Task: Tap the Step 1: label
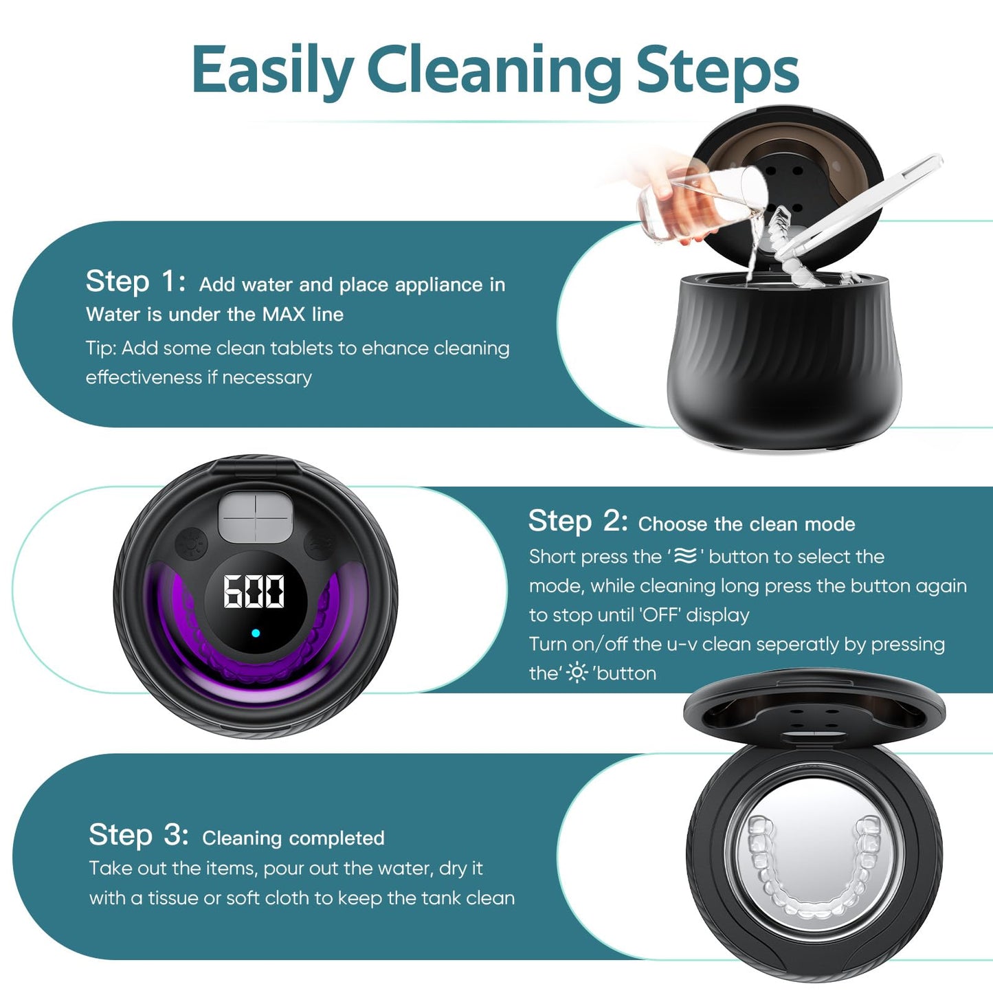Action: tap(135, 282)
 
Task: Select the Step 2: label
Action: tap(578, 522)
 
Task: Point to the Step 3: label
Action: tap(138, 836)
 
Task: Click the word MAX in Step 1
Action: tap(284, 315)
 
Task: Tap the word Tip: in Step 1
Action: tap(101, 348)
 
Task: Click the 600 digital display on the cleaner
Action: tap(254, 592)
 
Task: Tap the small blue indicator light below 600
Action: tap(256, 633)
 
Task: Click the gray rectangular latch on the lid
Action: tap(255, 519)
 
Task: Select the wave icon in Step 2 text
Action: tap(685, 556)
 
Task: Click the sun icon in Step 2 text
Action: tap(577, 673)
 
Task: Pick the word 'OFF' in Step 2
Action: tap(660, 615)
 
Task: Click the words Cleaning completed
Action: tap(293, 838)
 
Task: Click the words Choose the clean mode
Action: tap(746, 524)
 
